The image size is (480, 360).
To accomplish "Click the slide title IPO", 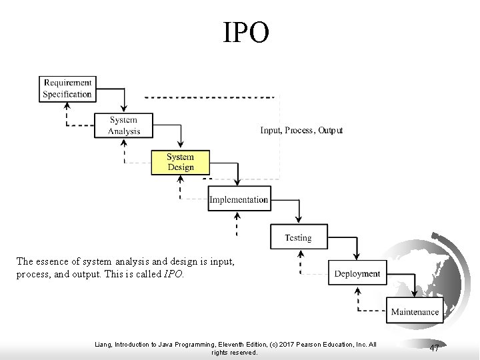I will click(x=247, y=33).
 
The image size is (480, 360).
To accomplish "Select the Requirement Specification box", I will click(x=67, y=89).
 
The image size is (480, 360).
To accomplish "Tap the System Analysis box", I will click(x=125, y=125).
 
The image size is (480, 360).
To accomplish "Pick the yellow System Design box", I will click(x=181, y=162).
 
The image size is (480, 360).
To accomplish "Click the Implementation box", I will click(x=239, y=199).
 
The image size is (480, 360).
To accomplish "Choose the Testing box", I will click(x=298, y=237).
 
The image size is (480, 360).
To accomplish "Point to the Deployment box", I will click(x=357, y=273).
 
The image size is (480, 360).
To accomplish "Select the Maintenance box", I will click(x=415, y=311).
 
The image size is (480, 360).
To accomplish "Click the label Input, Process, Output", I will click(x=301, y=130).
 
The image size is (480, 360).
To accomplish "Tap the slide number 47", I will click(x=434, y=348).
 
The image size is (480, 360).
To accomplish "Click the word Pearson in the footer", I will click(x=307, y=345).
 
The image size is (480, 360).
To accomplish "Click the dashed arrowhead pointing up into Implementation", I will click(x=237, y=215).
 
